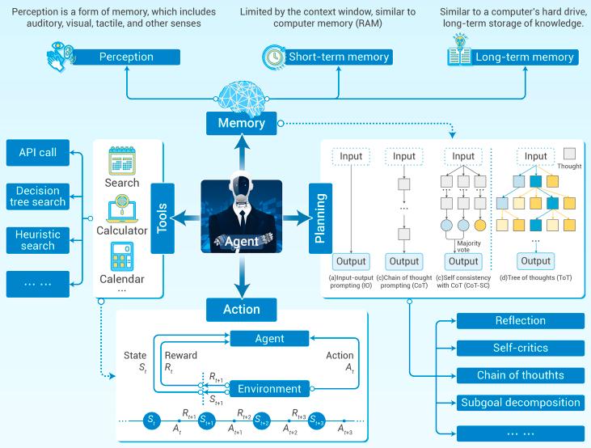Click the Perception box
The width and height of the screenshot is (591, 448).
click(x=126, y=57)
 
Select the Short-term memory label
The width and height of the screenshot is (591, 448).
click(x=339, y=57)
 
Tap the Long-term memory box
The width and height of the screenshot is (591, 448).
click(x=524, y=57)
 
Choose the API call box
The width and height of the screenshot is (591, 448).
click(x=38, y=152)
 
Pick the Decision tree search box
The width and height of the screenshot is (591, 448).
click(x=38, y=196)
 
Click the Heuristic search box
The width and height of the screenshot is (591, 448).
click(x=38, y=240)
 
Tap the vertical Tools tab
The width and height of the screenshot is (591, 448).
click(x=163, y=218)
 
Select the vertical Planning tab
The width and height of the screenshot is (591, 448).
click(x=320, y=218)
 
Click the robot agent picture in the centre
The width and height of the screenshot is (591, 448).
click(x=241, y=216)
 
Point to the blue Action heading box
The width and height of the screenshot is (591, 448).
click(x=241, y=310)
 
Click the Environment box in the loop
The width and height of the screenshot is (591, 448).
click(x=269, y=389)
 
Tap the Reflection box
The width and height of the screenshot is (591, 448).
click(x=521, y=320)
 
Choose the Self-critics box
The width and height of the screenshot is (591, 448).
click(x=521, y=348)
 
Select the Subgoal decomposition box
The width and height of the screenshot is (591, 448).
click(x=521, y=403)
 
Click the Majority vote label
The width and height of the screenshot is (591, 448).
click(x=468, y=247)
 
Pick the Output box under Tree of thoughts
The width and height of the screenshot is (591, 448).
click(x=535, y=261)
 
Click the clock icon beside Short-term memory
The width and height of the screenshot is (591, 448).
click(x=274, y=57)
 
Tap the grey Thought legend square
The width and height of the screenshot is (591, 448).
click(x=569, y=154)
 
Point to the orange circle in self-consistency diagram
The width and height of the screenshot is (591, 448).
click(x=479, y=226)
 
